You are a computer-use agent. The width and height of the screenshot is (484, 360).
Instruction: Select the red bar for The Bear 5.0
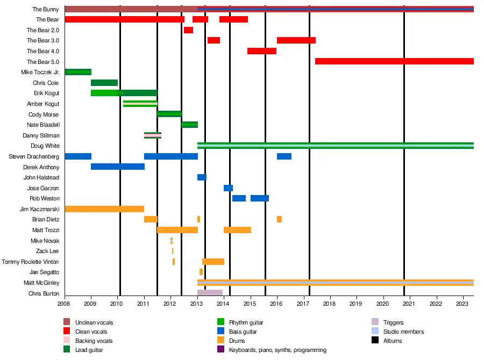(x=394, y=61)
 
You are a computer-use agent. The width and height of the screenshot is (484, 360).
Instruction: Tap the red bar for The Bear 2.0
(x=188, y=30)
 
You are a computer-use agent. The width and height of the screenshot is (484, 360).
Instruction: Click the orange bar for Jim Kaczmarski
(x=104, y=209)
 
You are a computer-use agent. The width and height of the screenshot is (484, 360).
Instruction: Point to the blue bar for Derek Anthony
(x=118, y=167)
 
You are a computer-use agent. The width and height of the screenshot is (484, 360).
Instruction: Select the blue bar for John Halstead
(x=202, y=177)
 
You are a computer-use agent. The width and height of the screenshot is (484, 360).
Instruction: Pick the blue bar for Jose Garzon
(x=228, y=188)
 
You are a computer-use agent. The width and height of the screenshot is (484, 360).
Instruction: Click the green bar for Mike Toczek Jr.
(x=78, y=72)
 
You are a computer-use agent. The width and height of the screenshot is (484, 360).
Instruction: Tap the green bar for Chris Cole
(x=104, y=83)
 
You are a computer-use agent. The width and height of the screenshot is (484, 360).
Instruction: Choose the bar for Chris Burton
(x=210, y=293)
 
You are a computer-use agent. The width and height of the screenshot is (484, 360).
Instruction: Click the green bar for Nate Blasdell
(x=189, y=125)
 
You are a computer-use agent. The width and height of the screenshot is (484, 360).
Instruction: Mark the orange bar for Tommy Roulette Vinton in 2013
(x=213, y=262)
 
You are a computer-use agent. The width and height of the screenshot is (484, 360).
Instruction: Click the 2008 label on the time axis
(x=65, y=304)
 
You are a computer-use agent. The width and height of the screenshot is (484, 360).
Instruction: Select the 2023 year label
(x=463, y=304)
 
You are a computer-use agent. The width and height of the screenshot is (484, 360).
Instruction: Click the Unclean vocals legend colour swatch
(x=67, y=322)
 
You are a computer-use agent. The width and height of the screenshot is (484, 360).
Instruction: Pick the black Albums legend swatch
(x=375, y=341)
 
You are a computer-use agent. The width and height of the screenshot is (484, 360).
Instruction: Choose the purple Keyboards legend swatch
(x=220, y=350)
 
